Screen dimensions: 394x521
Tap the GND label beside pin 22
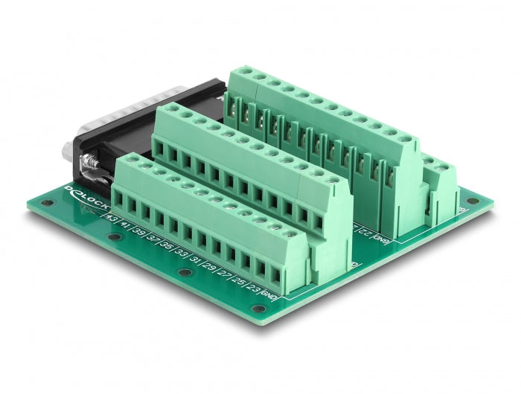click(381, 239)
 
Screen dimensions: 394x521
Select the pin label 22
click(367, 232)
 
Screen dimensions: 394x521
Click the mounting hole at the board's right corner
click(469, 201)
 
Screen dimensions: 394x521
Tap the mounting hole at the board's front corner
click(258, 308)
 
